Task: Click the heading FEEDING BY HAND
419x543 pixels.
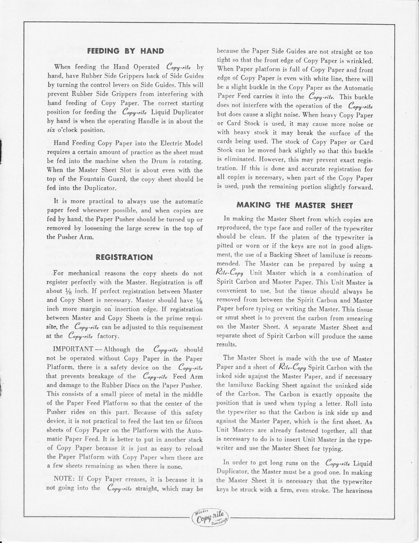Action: click(x=124, y=51)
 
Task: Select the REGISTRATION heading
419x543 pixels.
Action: click(x=124, y=256)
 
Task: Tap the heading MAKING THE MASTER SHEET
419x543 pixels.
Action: click(x=295, y=205)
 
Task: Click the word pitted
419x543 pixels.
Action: click(x=225, y=246)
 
